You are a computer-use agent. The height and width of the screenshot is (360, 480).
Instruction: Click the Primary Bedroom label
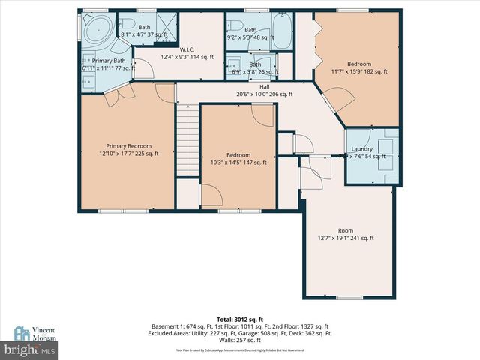pos(129,146)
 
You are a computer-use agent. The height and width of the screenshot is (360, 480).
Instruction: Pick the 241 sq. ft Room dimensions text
pos(345,238)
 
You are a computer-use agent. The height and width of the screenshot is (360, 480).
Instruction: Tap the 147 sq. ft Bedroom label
pos(239,154)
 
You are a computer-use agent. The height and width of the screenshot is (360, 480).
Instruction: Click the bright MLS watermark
pos(30,349)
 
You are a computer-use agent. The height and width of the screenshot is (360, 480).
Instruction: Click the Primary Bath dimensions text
pos(109,68)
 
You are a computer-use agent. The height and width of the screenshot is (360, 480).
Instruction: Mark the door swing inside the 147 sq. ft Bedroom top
pos(263,115)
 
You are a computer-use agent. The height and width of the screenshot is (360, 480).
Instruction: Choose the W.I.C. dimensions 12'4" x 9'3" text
pos(186,56)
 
